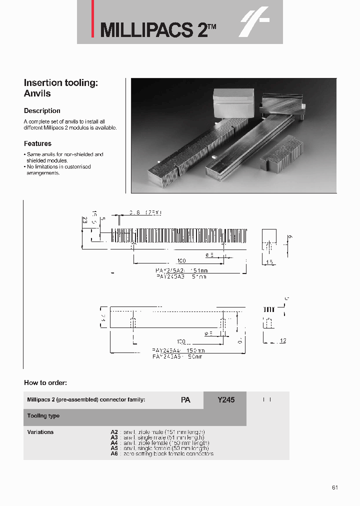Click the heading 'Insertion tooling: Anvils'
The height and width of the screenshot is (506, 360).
(61, 88)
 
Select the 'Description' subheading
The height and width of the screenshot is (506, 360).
(42, 111)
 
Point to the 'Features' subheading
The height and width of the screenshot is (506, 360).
(37, 143)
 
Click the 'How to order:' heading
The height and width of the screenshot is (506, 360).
(45, 382)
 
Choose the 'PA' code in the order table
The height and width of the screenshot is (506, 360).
(185, 400)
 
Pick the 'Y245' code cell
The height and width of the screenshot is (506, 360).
(225, 400)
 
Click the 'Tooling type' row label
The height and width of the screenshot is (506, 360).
(43, 416)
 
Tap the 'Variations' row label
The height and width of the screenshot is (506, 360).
(40, 432)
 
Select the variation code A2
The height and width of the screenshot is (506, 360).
(114, 432)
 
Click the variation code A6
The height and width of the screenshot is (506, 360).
(114, 454)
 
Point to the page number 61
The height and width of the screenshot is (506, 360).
(334, 487)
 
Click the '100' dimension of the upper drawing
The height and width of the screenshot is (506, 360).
(181, 261)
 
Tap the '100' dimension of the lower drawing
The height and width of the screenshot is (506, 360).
(180, 342)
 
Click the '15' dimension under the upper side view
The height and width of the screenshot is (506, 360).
(269, 262)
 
